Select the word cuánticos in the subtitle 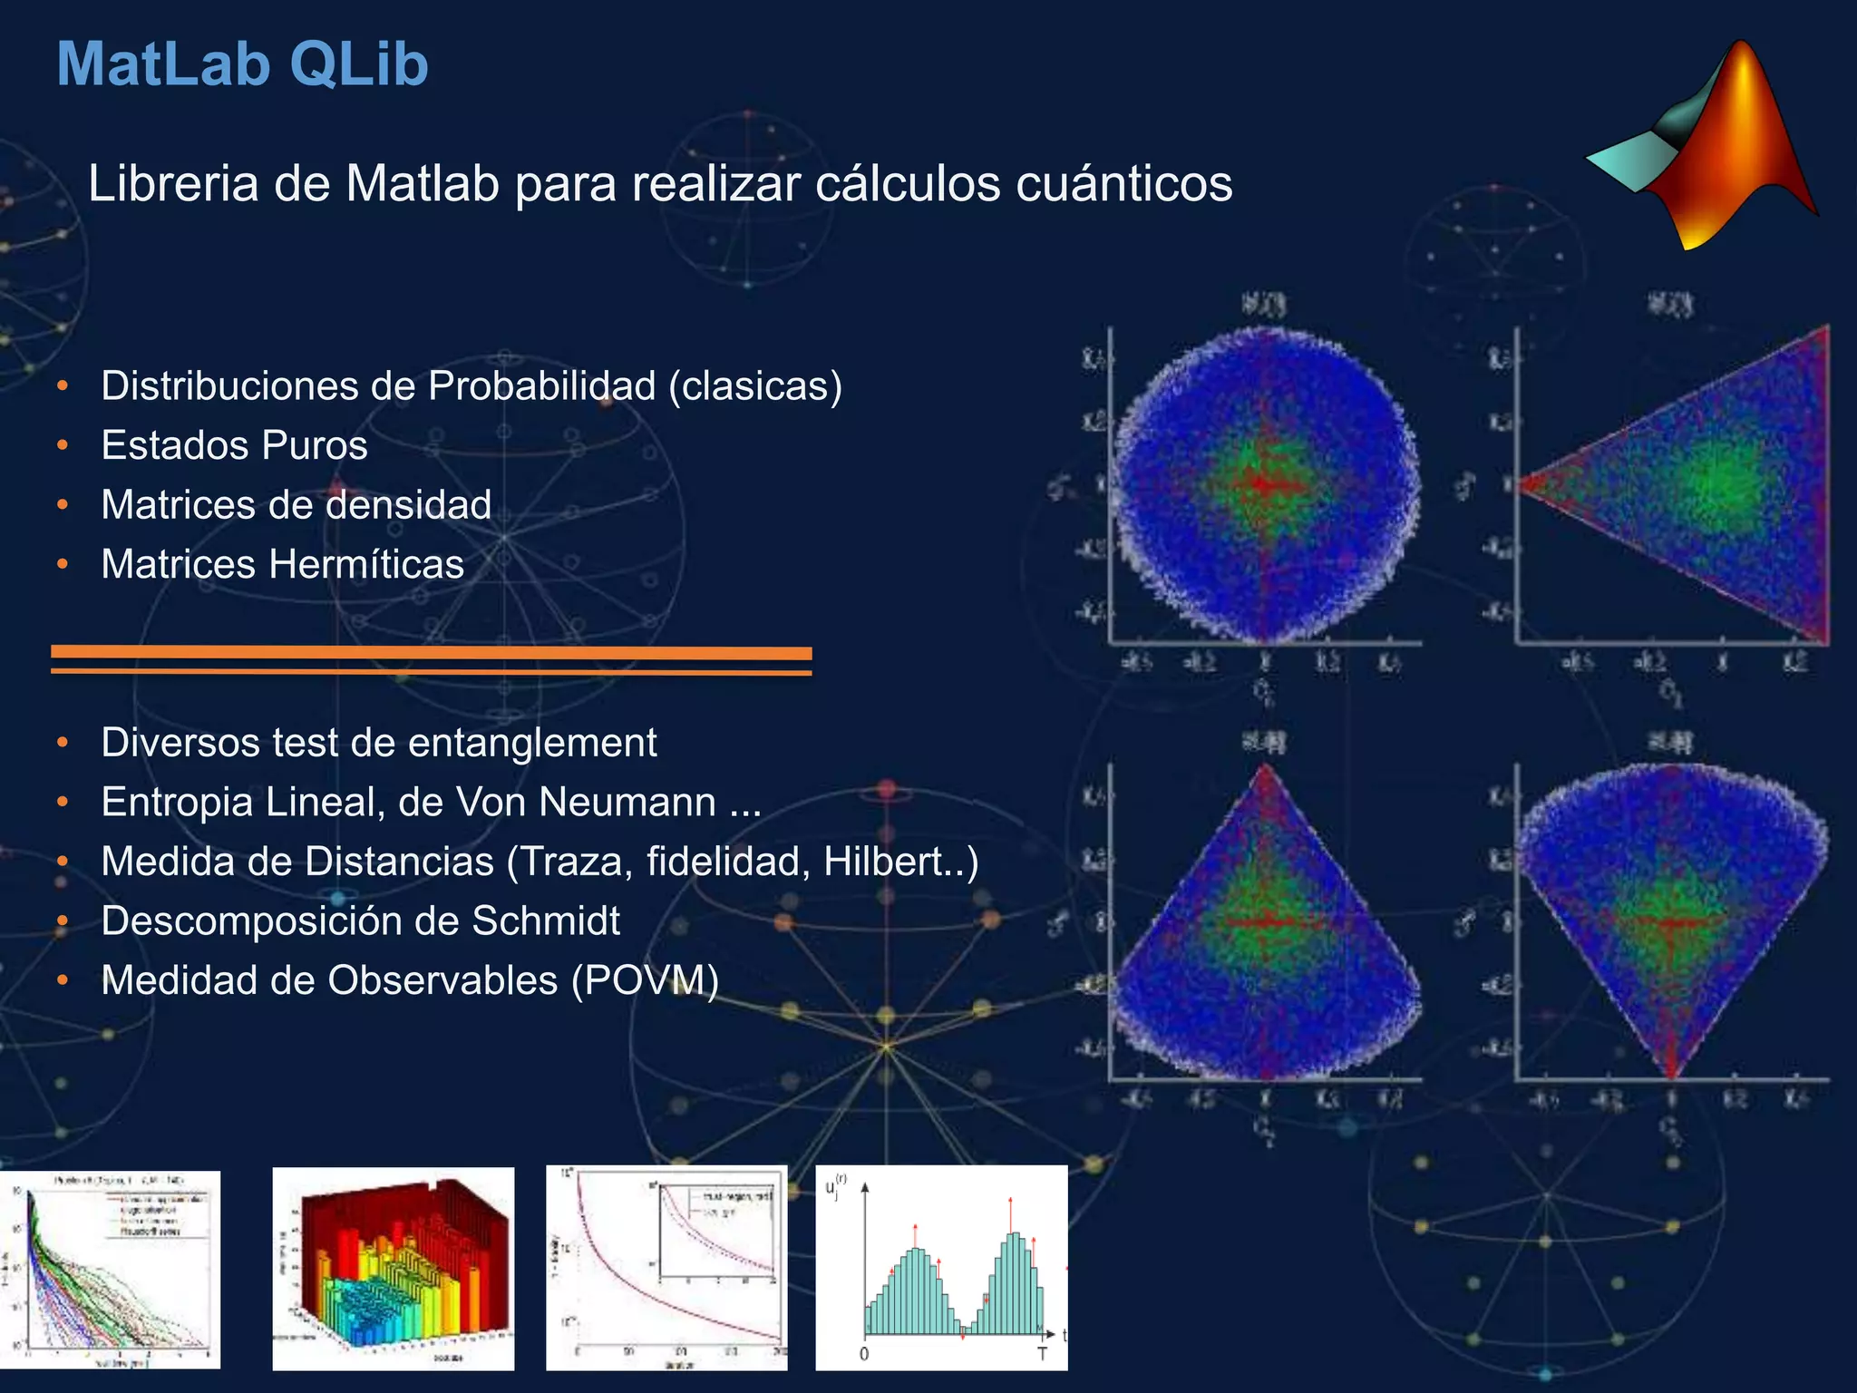tap(1123, 184)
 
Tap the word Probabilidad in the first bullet tap(541, 386)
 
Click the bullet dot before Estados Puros tap(63, 445)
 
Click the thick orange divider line tap(431, 652)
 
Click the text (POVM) tap(645, 980)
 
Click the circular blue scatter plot tap(1265, 485)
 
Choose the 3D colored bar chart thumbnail tap(393, 1268)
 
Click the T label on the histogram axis tap(1042, 1354)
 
